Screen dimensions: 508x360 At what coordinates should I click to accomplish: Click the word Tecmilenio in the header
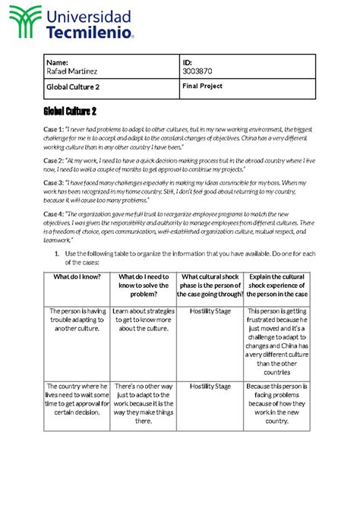(x=90, y=33)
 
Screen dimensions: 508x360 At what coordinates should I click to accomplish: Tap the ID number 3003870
(x=197, y=71)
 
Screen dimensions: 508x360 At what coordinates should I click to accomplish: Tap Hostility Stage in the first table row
(x=210, y=311)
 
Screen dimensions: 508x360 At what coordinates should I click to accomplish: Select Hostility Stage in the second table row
(x=210, y=387)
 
